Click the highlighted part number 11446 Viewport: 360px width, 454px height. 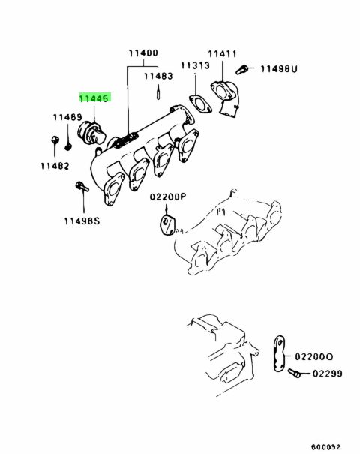[94, 98]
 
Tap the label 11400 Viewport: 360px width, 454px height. [143, 53]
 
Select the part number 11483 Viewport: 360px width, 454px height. [158, 76]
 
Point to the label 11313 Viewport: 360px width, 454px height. [195, 65]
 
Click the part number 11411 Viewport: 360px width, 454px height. [222, 54]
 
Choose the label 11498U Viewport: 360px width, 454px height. [279, 68]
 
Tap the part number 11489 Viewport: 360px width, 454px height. [67, 117]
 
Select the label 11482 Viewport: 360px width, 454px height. [55, 166]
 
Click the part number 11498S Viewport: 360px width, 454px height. [82, 221]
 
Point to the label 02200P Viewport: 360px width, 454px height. [168, 197]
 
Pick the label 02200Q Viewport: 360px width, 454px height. [314, 356]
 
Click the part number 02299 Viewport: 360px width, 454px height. [328, 374]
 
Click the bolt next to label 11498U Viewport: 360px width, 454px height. [241, 70]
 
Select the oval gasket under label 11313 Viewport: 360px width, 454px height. [200, 104]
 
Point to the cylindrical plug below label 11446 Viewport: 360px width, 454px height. [91, 134]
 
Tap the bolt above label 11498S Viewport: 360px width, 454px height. [82, 186]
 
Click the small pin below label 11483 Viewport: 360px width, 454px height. [158, 92]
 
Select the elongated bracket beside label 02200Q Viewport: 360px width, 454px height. [279, 353]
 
